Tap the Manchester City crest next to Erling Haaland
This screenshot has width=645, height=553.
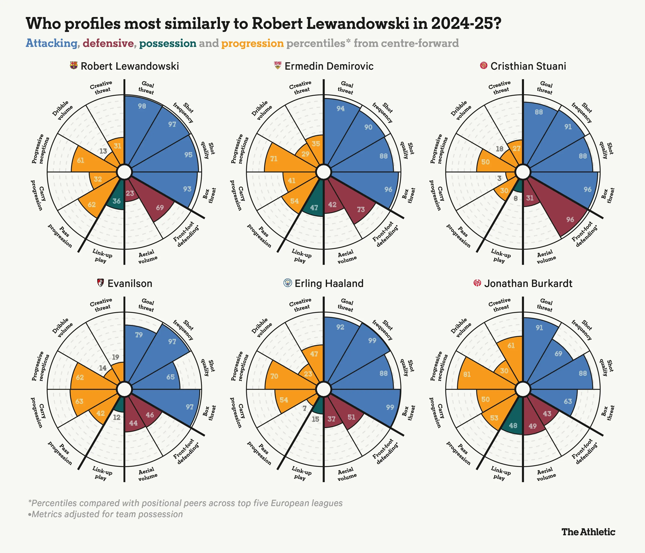click(x=288, y=283)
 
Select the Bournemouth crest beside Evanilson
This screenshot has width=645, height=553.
click(x=100, y=283)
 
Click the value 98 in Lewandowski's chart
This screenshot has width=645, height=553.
click(x=142, y=106)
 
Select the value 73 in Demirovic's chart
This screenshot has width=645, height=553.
click(x=361, y=210)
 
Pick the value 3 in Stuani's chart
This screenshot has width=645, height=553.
click(x=499, y=178)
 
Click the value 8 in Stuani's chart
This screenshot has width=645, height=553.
click(x=516, y=198)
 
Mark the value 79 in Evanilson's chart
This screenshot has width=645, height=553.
click(x=139, y=335)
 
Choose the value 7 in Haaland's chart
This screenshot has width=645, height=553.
click(x=304, y=408)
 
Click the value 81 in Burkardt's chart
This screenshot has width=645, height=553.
click(x=467, y=374)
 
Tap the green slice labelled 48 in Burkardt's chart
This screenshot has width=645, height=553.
click(x=513, y=425)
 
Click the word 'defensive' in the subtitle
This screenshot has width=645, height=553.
click(x=108, y=43)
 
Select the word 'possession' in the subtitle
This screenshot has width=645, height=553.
click(x=167, y=43)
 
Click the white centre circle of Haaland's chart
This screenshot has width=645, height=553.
click(x=324, y=389)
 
